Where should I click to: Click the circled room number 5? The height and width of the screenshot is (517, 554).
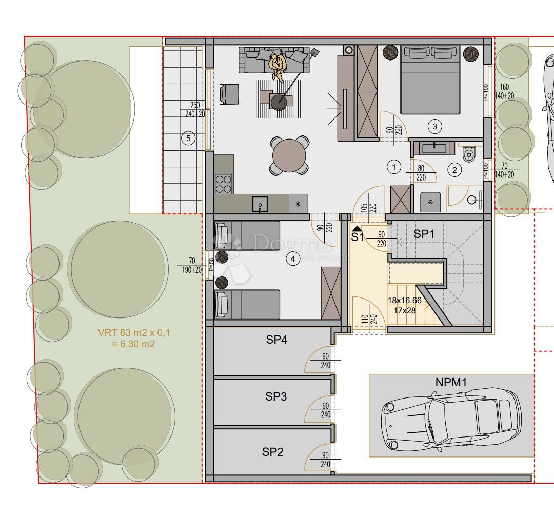(x=188, y=138)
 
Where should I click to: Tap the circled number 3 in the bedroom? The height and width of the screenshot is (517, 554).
(x=435, y=126)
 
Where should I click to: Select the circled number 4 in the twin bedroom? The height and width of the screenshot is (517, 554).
(x=292, y=259)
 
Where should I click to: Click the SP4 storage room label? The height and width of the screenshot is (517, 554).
(x=276, y=340)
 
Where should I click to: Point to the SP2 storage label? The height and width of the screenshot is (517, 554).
(x=273, y=452)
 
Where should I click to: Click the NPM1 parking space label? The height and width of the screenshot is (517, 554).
(x=451, y=383)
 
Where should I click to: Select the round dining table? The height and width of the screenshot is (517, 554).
(x=289, y=155)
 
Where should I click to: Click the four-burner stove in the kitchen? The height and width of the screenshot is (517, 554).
(x=223, y=184)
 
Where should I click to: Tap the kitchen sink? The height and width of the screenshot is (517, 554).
(x=260, y=204)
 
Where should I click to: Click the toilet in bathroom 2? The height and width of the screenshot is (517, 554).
(x=469, y=153)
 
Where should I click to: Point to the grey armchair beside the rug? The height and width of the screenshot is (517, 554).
(x=229, y=93)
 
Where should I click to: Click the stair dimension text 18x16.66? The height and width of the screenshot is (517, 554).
(x=405, y=301)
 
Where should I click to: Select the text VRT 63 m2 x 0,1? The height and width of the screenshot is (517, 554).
(x=134, y=333)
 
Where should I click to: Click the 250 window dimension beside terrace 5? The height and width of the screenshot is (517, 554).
(x=194, y=105)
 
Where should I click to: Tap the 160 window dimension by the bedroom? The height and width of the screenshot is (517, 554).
(x=505, y=87)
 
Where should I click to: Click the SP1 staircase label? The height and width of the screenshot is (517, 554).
(x=424, y=234)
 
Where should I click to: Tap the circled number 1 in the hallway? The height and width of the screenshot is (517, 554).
(x=393, y=167)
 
